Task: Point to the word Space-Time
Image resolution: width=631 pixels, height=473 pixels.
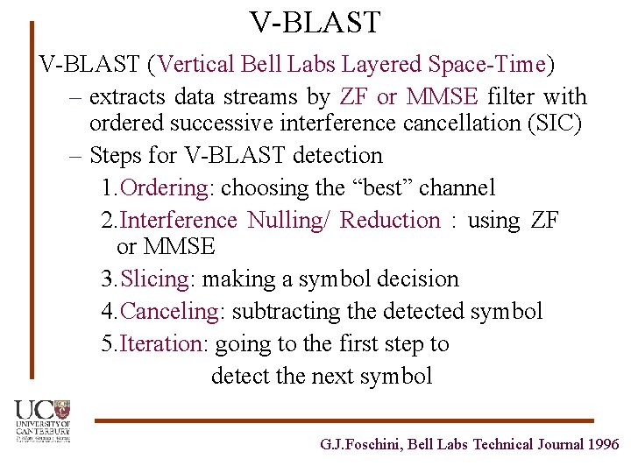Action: [486, 65]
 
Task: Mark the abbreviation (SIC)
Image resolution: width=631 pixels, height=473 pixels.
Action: [555, 124]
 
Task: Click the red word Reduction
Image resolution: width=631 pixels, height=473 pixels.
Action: [390, 220]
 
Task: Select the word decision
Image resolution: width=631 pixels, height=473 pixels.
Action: [416, 279]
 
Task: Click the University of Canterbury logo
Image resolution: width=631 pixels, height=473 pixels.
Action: [41, 421]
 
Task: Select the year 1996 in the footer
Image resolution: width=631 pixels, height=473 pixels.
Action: [604, 445]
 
